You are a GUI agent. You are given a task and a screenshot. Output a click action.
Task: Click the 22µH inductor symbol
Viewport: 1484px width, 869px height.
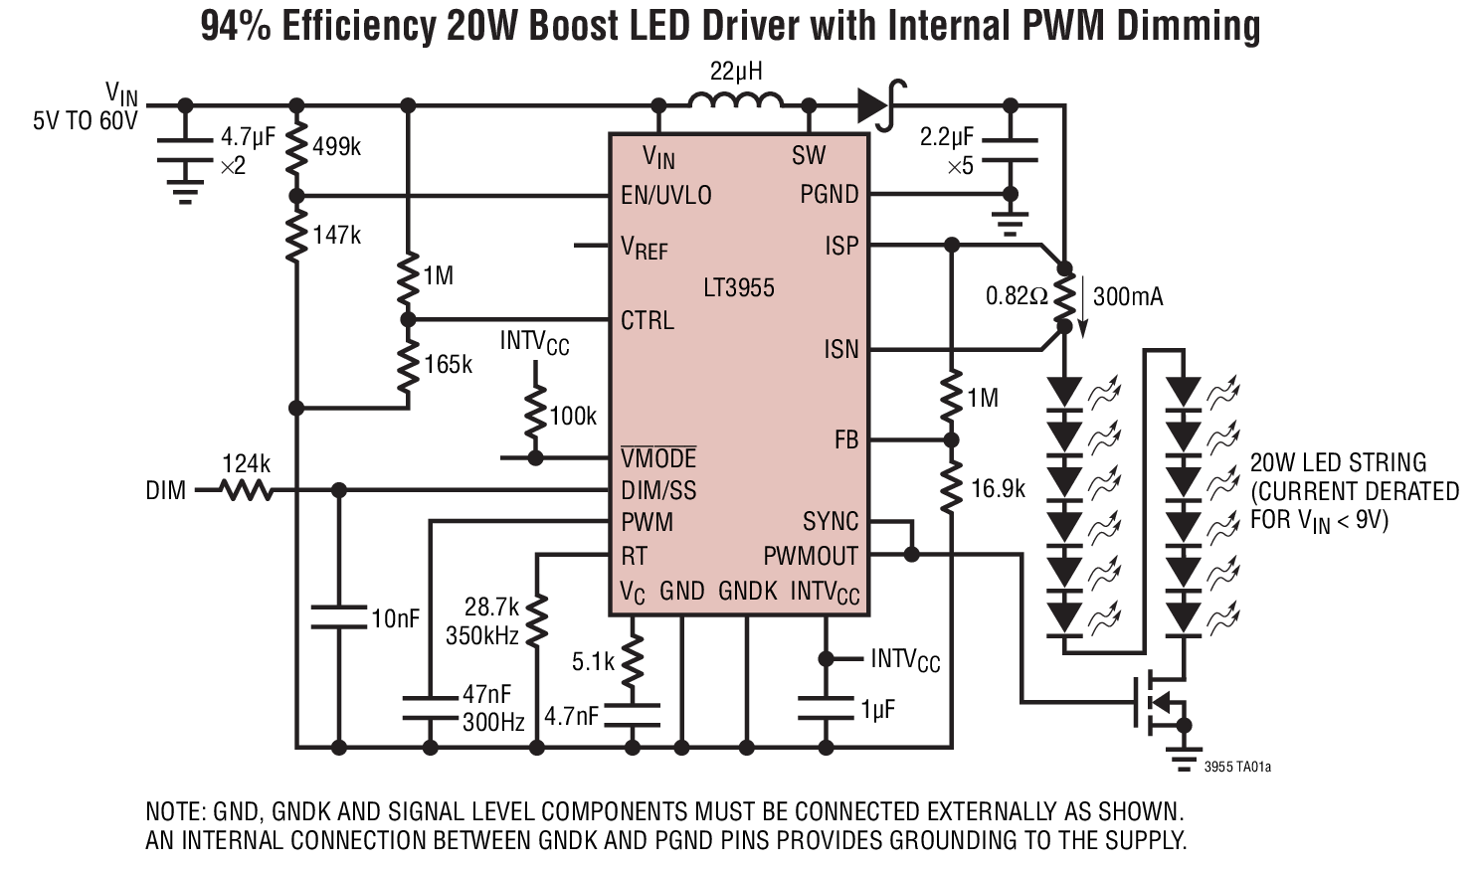click(735, 101)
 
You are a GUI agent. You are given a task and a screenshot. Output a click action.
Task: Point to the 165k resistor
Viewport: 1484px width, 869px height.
click(407, 366)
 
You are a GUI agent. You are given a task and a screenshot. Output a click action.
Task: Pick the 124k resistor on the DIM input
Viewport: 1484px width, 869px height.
click(246, 490)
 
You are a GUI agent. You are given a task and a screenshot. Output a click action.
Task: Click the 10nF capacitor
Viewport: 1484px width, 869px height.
click(338, 616)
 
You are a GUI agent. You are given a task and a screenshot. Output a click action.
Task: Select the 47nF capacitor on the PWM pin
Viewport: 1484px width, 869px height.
click(430, 707)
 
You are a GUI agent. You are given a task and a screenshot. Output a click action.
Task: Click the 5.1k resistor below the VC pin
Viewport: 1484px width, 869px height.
click(633, 660)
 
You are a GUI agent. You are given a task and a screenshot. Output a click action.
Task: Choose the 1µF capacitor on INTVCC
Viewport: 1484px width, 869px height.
click(825, 709)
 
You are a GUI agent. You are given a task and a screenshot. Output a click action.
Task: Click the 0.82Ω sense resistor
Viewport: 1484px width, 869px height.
click(1064, 297)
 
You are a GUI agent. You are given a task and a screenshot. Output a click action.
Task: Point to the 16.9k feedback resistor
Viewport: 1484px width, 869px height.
click(951, 488)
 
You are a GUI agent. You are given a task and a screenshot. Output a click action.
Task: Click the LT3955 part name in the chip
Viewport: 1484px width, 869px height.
click(738, 288)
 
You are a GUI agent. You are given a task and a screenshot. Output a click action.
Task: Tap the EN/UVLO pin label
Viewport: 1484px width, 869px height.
click(665, 195)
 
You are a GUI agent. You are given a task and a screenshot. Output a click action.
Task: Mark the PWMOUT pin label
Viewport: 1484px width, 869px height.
click(810, 556)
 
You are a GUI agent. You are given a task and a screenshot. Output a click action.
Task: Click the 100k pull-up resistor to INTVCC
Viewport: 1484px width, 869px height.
click(535, 416)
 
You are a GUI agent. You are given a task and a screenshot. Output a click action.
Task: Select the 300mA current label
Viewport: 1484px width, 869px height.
click(1127, 297)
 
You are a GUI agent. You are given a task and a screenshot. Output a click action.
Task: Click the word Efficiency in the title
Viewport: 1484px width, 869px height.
click(358, 27)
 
